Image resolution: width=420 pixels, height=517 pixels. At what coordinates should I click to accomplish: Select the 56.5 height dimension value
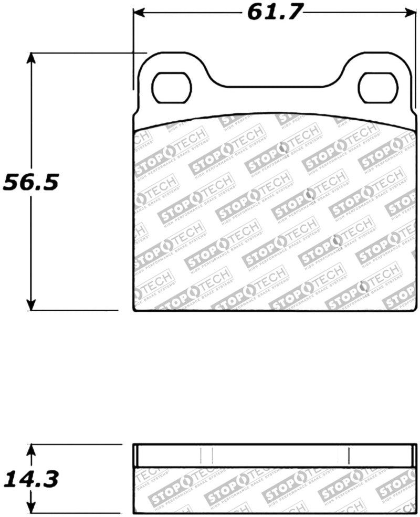pyautogui.click(x=31, y=182)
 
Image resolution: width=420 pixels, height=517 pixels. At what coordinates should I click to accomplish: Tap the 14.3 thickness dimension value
pyautogui.click(x=31, y=479)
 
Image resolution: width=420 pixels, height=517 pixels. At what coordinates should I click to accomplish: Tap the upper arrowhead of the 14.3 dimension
pyautogui.click(x=32, y=450)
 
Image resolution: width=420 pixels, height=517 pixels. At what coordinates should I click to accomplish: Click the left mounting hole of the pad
pyautogui.click(x=171, y=88)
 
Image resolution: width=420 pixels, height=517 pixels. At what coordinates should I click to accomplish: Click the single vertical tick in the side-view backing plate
pyautogui.click(x=349, y=455)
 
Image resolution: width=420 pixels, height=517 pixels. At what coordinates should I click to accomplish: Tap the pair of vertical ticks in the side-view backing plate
pyautogui.click(x=206, y=455)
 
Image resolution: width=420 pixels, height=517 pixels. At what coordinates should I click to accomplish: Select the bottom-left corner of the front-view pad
pyautogui.click(x=134, y=310)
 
